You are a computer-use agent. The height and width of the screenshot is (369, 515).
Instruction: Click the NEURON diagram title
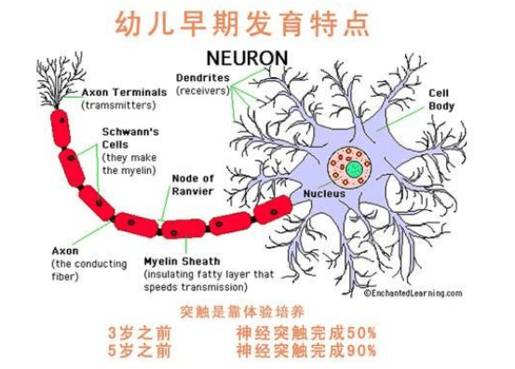247,58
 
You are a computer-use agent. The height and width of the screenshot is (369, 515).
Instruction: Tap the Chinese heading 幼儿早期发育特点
243,23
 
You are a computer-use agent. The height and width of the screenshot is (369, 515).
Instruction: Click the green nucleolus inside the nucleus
355,169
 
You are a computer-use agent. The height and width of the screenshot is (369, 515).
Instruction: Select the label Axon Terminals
124,92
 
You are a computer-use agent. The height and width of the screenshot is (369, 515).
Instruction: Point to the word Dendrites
203,78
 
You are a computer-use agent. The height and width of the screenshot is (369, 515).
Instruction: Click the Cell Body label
441,99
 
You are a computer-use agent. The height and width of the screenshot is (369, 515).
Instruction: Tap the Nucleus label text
324,193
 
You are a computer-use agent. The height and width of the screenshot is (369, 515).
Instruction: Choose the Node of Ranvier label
193,185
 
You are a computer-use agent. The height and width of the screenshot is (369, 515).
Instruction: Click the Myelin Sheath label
182,261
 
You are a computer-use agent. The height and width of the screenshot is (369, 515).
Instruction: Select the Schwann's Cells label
130,138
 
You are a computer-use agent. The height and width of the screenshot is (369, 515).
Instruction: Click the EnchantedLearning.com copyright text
413,293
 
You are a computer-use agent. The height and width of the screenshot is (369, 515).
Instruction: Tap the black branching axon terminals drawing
61,81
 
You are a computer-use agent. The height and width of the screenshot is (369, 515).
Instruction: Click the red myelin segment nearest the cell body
273,210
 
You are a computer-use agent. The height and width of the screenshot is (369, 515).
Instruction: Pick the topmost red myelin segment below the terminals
61,128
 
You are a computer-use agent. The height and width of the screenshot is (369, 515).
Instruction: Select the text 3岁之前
140,333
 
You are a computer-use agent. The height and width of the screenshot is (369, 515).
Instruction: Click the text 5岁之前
140,350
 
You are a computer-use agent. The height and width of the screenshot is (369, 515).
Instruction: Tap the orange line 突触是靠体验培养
242,311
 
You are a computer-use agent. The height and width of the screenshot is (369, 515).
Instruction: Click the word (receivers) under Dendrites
203,90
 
